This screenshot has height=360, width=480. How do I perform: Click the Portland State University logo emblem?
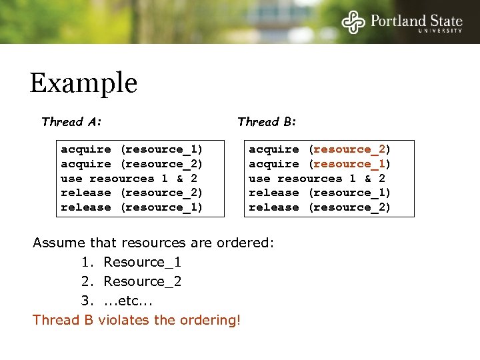point(354,21)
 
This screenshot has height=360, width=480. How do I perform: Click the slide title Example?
point(83,83)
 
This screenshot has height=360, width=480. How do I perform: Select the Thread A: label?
point(71,121)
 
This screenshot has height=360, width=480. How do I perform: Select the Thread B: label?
point(267,121)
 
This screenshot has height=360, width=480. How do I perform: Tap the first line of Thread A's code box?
point(131,149)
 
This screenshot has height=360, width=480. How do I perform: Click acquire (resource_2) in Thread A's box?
point(131,164)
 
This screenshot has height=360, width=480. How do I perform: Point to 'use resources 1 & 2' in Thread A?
point(129,179)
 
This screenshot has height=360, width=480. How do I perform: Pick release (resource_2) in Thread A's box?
point(131,193)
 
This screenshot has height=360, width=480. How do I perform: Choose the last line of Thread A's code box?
point(131,207)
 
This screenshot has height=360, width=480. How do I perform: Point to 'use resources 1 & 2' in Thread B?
point(317,179)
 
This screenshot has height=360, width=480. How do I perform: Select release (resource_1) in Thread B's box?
point(319,193)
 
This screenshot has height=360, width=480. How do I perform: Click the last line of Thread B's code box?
point(319,207)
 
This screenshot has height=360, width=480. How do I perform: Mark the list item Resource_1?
point(142,262)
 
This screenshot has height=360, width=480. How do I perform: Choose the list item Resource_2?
point(142,281)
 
